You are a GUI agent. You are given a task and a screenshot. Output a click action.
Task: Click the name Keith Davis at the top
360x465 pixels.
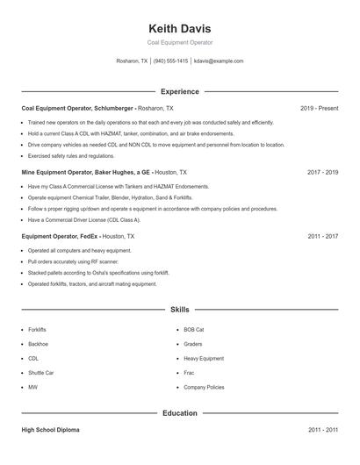[x=180, y=28]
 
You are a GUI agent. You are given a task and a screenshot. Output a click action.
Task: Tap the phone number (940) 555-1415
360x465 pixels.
[x=170, y=61]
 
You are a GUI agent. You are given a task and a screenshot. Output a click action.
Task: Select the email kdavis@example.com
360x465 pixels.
[x=219, y=61]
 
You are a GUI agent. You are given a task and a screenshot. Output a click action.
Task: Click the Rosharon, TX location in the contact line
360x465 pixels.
[x=133, y=61]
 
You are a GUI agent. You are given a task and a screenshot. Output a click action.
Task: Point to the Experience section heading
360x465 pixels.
[x=180, y=91]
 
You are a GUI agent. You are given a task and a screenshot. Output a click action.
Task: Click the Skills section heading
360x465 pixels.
[x=180, y=310]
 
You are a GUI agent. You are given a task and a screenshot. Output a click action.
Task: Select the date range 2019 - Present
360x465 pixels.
[x=319, y=108]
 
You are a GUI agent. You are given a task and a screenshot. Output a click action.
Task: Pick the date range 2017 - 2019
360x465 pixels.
[x=322, y=173]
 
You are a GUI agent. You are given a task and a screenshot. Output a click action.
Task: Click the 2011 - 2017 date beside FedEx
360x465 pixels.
[x=322, y=236]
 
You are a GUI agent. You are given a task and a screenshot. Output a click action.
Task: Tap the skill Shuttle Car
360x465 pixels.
[x=41, y=372]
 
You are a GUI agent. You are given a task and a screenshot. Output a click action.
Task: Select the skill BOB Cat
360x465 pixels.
[x=193, y=330]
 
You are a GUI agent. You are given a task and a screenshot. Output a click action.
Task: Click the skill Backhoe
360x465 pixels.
[x=39, y=344]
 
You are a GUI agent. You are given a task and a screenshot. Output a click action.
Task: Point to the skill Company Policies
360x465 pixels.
[x=204, y=386]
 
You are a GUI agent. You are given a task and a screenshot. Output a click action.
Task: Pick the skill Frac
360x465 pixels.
[x=190, y=372]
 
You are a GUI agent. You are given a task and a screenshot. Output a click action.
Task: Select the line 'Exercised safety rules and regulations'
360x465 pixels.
[x=71, y=155]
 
